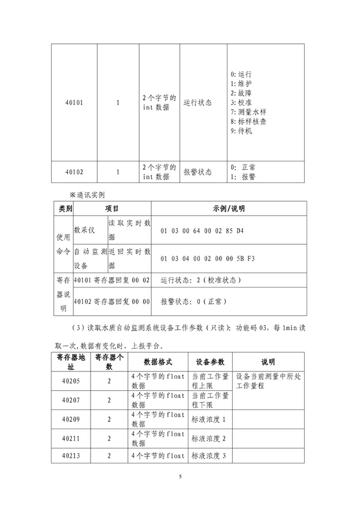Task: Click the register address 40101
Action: (74, 103)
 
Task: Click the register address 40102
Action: (74, 172)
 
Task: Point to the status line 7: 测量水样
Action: (248, 112)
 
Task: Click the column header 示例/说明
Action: (229, 208)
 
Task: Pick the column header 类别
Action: (65, 208)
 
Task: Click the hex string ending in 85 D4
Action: (203, 231)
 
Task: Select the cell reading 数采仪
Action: (83, 229)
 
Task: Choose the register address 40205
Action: (74, 381)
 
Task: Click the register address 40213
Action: (74, 457)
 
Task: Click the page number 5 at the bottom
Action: (180, 476)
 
